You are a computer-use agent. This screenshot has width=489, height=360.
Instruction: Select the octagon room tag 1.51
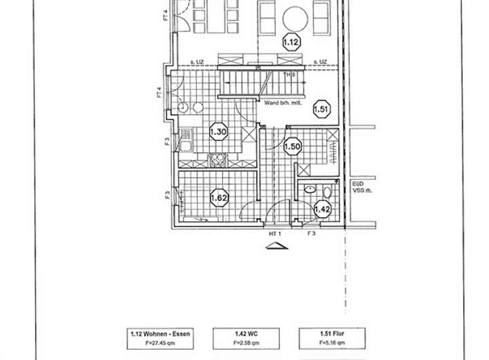[321, 109]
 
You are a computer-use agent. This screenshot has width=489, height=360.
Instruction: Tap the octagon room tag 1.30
[218, 132]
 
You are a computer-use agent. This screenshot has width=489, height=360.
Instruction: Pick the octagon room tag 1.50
[292, 146]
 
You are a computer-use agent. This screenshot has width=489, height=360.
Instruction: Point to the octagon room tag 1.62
[219, 198]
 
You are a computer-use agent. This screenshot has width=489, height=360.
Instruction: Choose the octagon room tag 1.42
[322, 209]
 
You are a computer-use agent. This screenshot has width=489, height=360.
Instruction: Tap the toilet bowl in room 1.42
[327, 190]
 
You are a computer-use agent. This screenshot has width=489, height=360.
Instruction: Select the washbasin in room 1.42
[310, 190]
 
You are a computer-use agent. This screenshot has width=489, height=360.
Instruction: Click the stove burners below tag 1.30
[218, 160]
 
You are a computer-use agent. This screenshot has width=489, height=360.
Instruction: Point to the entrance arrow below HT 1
[276, 246]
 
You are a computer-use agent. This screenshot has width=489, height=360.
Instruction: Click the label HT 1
[275, 234]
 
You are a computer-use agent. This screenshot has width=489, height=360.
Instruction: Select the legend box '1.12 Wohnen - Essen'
[160, 338]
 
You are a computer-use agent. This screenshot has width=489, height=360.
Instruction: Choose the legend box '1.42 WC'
[246, 338]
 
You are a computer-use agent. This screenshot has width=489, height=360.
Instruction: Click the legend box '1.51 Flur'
[331, 338]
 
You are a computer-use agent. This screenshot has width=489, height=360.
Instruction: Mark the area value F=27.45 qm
[160, 342]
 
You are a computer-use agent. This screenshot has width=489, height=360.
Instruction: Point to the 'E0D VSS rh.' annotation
[359, 187]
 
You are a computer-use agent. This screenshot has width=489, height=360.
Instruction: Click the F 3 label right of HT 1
[312, 234]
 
